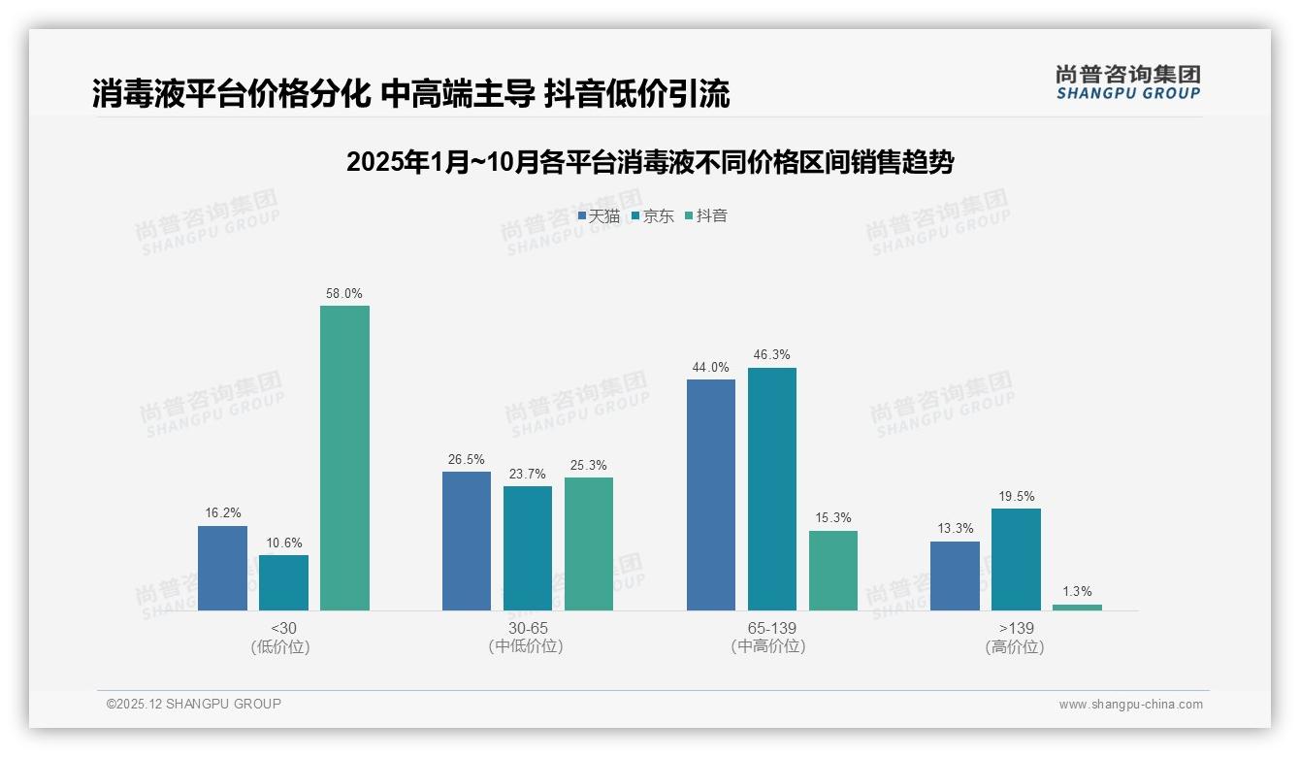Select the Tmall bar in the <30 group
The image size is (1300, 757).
222,568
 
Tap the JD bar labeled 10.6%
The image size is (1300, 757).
283,582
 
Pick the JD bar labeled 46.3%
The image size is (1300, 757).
771,489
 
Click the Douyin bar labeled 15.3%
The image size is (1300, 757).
832,571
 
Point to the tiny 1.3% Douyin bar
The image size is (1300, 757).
1077,608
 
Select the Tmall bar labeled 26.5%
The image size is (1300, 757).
467,541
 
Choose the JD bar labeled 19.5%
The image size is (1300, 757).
1016,559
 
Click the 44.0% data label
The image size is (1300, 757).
710,367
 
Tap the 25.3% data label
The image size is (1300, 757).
589,466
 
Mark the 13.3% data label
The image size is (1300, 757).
955,529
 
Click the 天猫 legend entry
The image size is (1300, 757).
599,215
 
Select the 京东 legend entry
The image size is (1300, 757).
653,215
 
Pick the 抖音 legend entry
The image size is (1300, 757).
706,215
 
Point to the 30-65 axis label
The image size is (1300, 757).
528,629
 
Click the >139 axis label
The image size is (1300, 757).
1015,629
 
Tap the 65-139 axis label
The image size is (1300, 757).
771,629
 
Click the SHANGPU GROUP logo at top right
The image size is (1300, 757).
1127,82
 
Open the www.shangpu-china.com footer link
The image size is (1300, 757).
1130,705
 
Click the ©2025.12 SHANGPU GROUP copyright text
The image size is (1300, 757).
194,704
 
